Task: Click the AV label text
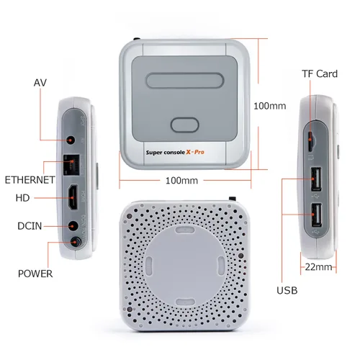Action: [40, 83]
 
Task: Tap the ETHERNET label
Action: [30, 180]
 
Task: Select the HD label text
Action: [22, 198]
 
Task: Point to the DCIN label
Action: [30, 226]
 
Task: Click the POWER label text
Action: [35, 274]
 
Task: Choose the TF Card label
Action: [320, 73]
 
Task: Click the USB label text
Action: [287, 290]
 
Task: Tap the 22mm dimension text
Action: [318, 267]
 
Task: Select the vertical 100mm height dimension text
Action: [270, 106]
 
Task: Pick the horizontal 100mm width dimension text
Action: [181, 181]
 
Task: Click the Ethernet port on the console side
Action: [71, 165]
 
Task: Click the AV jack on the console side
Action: [71, 140]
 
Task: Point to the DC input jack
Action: [73, 226]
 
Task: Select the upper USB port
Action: [316, 179]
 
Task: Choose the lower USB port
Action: [317, 215]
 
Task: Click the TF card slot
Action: [310, 141]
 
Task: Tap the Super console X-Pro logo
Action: [175, 152]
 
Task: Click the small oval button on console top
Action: [185, 125]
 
